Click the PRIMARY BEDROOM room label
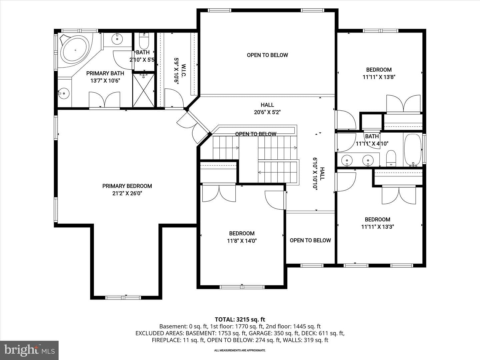pyautogui.click(x=127, y=186)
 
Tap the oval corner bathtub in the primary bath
pyautogui.click(x=75, y=50)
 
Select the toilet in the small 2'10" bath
pyautogui.click(x=144, y=41)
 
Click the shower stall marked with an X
pyautogui.click(x=143, y=90)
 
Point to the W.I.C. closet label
pyautogui.click(x=183, y=70)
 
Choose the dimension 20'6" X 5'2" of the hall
pyautogui.click(x=267, y=112)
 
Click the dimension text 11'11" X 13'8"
pyautogui.click(x=379, y=77)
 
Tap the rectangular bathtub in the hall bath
pyautogui.click(x=413, y=150)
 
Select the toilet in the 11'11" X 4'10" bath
pyautogui.click(x=391, y=158)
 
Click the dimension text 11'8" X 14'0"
pyautogui.click(x=242, y=241)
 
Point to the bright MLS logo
pyautogui.click(x=29, y=350)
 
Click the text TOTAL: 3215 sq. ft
pyautogui.click(x=240, y=320)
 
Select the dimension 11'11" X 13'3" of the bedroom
pyautogui.click(x=378, y=227)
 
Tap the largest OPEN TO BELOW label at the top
pyautogui.click(x=267, y=55)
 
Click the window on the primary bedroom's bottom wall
pyautogui.click(x=123, y=297)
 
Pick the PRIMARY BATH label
pyautogui.click(x=105, y=73)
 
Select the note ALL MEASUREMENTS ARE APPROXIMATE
pyautogui.click(x=240, y=350)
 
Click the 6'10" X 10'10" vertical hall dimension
pyautogui.click(x=315, y=174)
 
